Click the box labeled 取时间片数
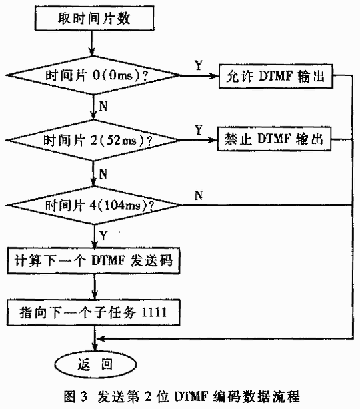coord(94,19)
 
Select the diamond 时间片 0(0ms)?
coord(93,75)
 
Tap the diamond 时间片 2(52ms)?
coord(93,140)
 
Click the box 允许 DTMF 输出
coord(276,76)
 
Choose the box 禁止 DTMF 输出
coord(274,139)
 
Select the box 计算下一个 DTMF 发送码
coord(93,260)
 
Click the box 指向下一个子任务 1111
coord(93,312)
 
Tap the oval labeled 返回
coord(95,364)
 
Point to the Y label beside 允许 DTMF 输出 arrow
coord(199,65)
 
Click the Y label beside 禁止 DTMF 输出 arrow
coord(199,130)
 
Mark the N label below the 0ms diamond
coord(103,106)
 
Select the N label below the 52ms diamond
coord(103,173)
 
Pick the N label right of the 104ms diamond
coord(199,195)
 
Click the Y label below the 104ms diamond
coord(103,236)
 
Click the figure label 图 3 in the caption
coord(75,396)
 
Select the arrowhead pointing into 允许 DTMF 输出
coord(215,76)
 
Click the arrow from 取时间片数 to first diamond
coord(91,43)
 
